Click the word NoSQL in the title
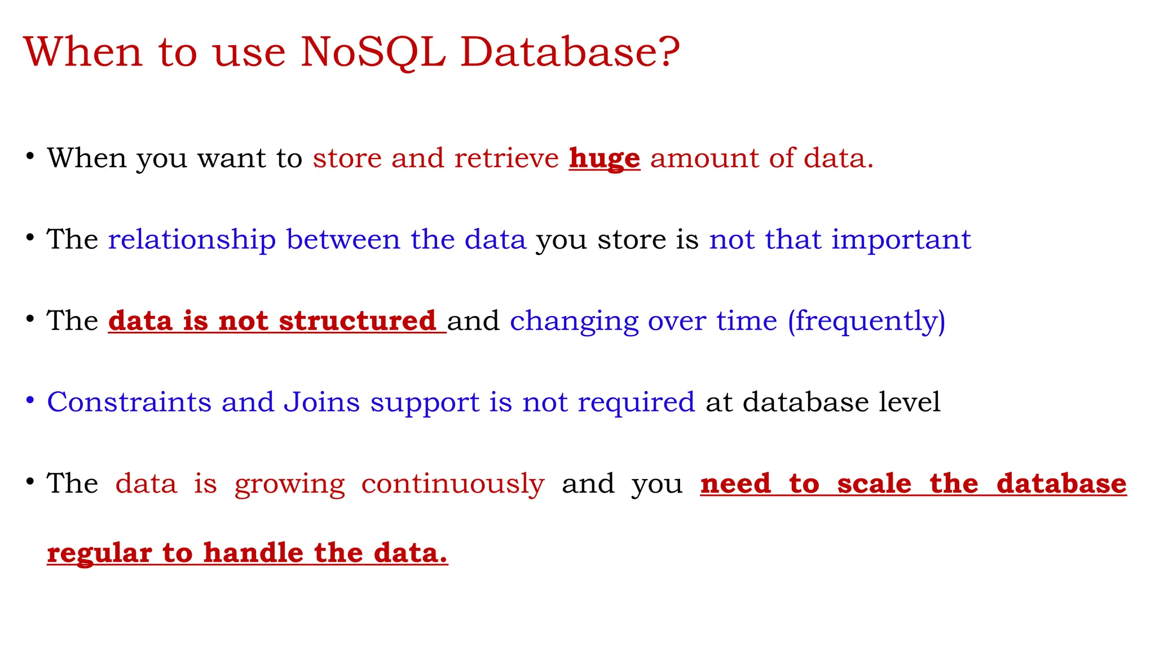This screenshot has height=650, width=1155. click(373, 52)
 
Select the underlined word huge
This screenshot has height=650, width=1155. click(604, 159)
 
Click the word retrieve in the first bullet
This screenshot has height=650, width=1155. click(506, 158)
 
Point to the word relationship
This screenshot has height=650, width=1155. click(192, 240)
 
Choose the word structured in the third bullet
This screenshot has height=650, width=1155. click(357, 321)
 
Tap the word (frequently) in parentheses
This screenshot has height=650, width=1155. click(866, 321)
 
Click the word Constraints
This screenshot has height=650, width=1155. click(129, 402)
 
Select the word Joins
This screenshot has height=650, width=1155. click(321, 402)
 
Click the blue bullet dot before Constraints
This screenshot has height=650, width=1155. click(30, 401)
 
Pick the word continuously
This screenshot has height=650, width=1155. click(452, 484)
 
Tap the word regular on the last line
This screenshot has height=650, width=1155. click(99, 553)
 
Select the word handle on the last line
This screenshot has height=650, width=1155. click(253, 553)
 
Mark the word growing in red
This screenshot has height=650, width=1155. click(289, 484)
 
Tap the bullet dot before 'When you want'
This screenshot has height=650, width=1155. click(30, 156)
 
